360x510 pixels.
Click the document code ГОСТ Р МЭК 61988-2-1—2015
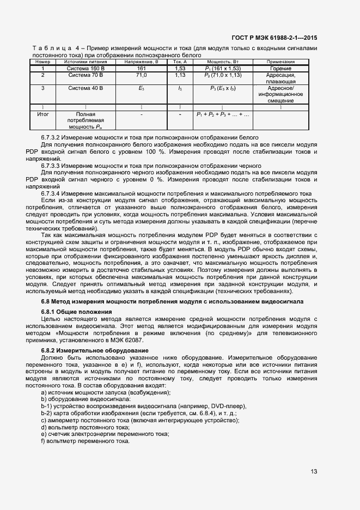coord(274,38)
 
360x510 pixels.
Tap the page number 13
coord(314,472)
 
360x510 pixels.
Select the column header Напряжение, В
coord(141,62)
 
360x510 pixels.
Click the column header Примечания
coord(280,62)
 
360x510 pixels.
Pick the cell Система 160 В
coord(84,69)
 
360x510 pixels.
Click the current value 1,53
coord(180,69)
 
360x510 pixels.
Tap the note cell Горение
coord(280,69)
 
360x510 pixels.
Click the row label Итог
coord(42,115)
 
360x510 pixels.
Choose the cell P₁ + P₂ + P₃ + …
coord(223,115)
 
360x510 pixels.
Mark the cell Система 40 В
coord(84,88)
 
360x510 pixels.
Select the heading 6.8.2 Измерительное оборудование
coord(87,350)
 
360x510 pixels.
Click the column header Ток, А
coord(180,62)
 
